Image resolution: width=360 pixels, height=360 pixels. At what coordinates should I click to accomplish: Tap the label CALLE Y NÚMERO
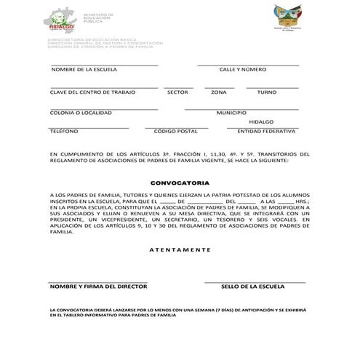point(243,70)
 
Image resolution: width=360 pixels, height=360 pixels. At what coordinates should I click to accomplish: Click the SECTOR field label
point(177,93)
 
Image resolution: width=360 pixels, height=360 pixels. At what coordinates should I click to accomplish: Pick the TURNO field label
point(267,93)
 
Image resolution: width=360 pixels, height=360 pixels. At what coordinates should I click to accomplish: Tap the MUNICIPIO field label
point(231,113)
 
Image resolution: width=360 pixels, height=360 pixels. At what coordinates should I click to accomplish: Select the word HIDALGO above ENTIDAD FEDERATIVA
point(261,121)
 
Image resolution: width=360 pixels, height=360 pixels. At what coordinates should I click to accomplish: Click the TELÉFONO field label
point(64,132)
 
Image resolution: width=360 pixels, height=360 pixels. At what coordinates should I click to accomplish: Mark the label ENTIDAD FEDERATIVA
point(266,132)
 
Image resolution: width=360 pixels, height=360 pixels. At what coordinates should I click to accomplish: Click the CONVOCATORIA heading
point(180,184)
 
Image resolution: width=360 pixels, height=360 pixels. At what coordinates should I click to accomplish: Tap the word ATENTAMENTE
point(180,249)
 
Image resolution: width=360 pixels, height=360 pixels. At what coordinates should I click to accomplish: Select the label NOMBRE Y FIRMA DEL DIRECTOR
point(99,287)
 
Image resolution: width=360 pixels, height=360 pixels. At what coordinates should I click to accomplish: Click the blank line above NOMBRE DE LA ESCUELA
point(104,65)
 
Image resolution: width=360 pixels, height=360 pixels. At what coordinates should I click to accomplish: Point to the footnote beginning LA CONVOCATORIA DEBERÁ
point(179,313)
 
